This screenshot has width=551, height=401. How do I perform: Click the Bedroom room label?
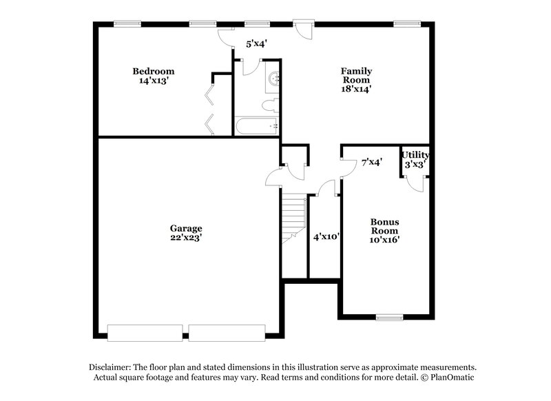(x=153, y=71)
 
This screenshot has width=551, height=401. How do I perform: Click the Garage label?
(x=186, y=228)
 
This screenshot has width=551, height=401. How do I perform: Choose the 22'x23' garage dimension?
(x=186, y=238)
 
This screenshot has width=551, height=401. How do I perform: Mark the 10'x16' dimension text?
(x=385, y=240)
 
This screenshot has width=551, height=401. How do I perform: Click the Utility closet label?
(x=415, y=155)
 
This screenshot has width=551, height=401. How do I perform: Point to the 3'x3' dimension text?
(x=415, y=165)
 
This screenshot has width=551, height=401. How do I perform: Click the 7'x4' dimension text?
(x=372, y=163)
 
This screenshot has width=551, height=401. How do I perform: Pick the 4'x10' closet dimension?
(x=325, y=236)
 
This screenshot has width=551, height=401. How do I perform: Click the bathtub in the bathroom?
(x=256, y=126)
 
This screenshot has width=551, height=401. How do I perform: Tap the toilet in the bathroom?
(x=270, y=105)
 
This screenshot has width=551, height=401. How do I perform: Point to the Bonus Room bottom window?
(x=389, y=318)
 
